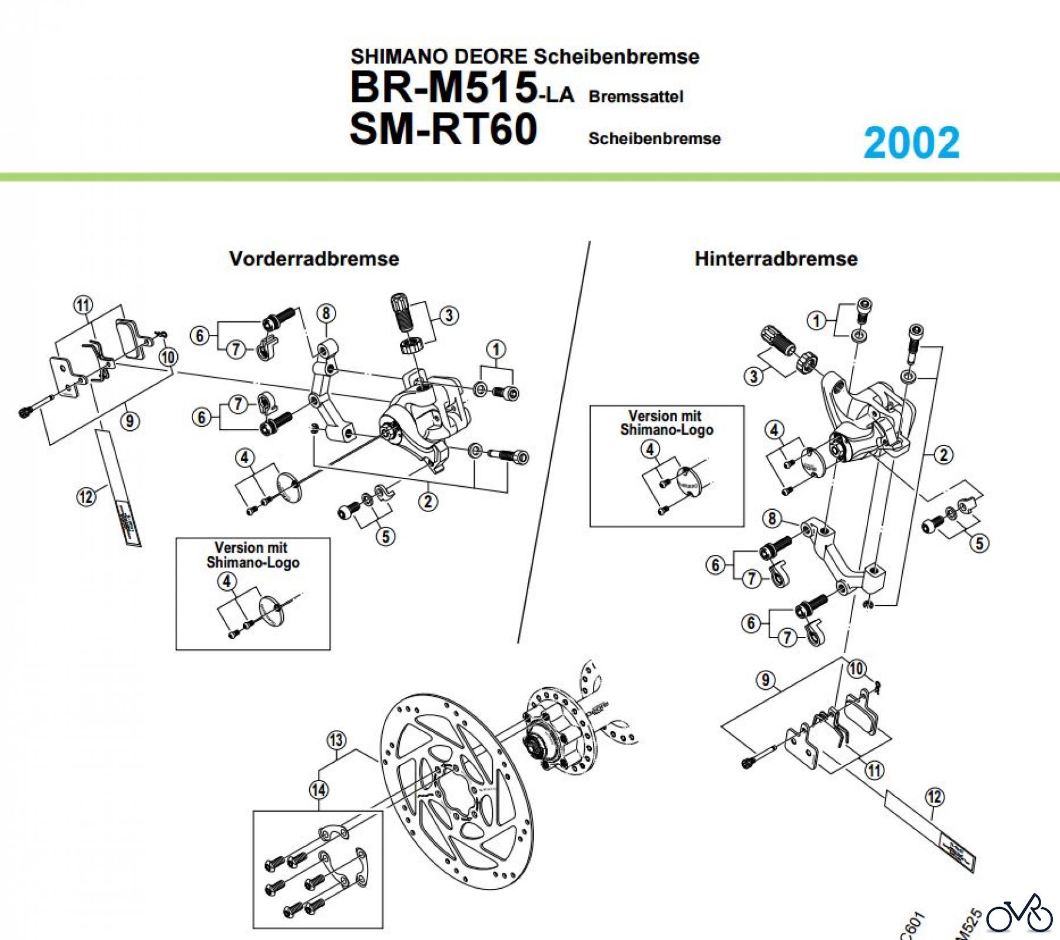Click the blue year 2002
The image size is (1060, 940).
911,143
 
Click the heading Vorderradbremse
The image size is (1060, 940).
314,258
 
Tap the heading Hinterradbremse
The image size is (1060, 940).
776,258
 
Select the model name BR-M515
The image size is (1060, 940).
443,87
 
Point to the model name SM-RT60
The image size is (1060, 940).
443,129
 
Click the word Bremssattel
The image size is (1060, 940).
636,97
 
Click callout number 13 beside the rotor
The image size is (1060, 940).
336,740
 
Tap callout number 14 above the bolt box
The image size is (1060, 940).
319,790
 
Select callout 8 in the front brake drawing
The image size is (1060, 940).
326,313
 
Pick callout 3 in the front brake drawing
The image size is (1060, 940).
449,315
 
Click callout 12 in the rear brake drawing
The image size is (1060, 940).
935,797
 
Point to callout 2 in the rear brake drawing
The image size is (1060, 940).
944,454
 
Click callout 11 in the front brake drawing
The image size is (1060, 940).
83,305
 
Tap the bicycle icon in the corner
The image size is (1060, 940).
1019,915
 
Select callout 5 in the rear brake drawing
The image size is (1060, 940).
979,543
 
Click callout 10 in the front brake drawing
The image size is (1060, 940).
168,357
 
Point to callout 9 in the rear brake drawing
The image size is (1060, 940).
765,680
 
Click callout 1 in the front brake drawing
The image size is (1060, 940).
496,350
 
